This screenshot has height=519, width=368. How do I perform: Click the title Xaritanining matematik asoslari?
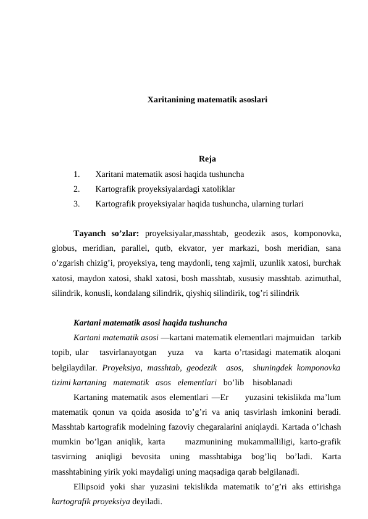pos(207,99)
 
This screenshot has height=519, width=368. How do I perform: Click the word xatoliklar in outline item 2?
pos(216,189)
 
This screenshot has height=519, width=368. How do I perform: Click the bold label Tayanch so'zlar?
pos(106,234)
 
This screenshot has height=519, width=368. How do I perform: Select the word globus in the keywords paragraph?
pos(65,248)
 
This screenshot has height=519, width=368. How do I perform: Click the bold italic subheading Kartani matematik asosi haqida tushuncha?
pos(149,323)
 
